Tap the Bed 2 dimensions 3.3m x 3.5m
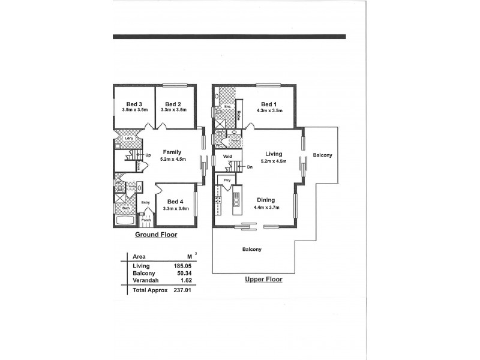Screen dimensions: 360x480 pos(173,110)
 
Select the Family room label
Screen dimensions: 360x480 pos(173,152)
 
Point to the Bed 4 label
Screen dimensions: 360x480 pos(176,202)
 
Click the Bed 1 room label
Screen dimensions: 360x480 pos(269,103)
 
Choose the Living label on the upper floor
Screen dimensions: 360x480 pos(273,154)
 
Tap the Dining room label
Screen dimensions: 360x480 pos(266,200)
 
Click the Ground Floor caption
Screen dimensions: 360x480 pos(156,235)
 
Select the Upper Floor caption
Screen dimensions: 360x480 pos(263,279)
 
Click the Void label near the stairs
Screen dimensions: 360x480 pos(227,157)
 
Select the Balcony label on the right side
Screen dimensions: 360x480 pos(322,155)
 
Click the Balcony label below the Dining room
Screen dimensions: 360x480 pos(251,249)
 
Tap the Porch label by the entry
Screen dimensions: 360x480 pos(145,219)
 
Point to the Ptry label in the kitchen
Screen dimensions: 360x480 pos(227,180)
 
